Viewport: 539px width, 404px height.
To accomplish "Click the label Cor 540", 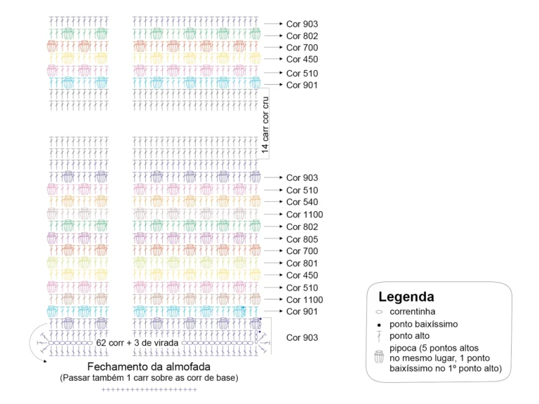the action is click(302, 202).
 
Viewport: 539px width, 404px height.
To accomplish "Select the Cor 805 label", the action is click(302, 239).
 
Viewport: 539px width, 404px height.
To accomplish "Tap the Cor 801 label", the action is click(302, 263).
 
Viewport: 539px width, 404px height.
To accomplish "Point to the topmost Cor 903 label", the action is click(302, 24).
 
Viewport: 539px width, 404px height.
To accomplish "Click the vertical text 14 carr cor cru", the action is click(265, 125).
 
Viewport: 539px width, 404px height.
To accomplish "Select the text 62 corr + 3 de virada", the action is click(137, 343).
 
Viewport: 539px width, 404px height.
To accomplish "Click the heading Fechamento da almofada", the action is click(149, 367).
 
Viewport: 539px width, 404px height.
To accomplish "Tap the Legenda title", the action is click(406, 297).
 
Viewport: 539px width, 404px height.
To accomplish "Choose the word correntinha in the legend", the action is click(412, 311).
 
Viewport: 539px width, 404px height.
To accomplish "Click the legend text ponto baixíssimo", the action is click(423, 324).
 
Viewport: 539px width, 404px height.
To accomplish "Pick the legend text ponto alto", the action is click(409, 336).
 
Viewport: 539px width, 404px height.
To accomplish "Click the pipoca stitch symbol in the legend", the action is click(379, 356).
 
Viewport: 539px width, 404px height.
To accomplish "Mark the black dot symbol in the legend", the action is click(379, 325).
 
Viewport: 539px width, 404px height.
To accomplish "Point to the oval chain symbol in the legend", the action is click(379, 312).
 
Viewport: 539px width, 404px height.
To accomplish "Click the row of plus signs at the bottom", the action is click(149, 389).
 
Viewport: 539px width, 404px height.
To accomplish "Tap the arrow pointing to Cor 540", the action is click(273, 202).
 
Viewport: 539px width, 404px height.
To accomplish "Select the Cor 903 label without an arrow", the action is click(302, 337).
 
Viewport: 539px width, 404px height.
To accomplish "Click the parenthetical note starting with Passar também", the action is click(149, 378).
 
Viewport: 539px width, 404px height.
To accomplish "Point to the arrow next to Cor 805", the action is click(273, 238).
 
